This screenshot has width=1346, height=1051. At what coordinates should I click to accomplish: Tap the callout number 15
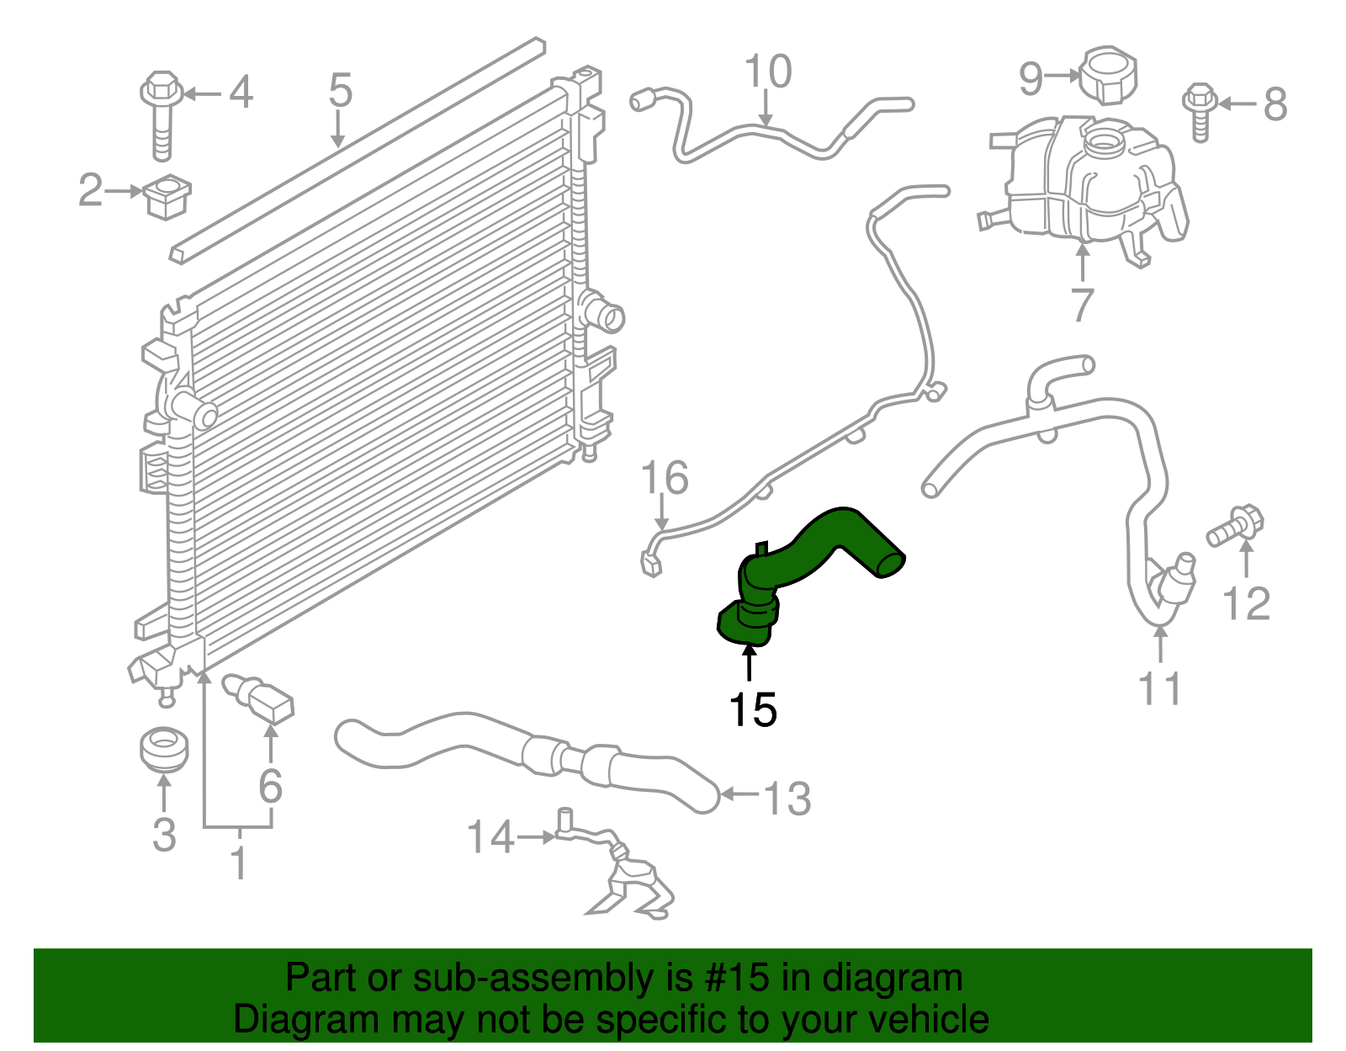[752, 709]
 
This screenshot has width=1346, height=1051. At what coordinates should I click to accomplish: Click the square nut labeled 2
[167, 197]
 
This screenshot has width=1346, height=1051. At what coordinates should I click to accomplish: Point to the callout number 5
[340, 90]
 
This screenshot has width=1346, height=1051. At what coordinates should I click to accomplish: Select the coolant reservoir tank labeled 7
[1085, 181]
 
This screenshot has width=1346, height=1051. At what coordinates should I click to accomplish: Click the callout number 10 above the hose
[768, 72]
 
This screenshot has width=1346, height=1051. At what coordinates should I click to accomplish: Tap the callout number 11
[1160, 687]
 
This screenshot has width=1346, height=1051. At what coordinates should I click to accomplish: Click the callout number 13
[787, 798]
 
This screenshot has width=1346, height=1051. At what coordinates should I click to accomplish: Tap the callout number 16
[665, 477]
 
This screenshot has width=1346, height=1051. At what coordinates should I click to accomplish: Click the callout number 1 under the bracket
[239, 863]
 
